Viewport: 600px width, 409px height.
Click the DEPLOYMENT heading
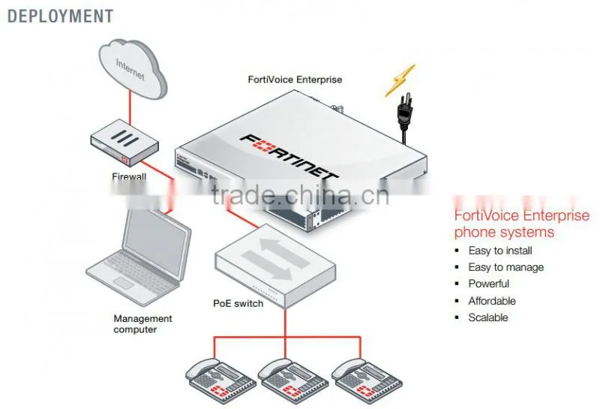pos(61,17)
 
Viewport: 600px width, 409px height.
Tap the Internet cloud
pos(133,69)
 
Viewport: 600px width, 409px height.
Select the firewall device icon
pos(124,143)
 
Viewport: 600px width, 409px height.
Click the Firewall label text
pos(129,176)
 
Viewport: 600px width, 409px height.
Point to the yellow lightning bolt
pos(400,80)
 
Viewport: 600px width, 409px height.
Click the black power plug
pos(404,115)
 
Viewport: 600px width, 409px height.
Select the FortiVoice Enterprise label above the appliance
pos(295,80)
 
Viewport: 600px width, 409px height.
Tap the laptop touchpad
pos(123,283)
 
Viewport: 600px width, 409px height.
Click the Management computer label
pos(142,324)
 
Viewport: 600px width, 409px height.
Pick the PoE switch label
pos(238,304)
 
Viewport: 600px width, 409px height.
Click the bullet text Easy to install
pos(500,251)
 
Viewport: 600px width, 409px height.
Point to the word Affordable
pos(492,301)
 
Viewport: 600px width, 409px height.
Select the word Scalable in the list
pos(488,317)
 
